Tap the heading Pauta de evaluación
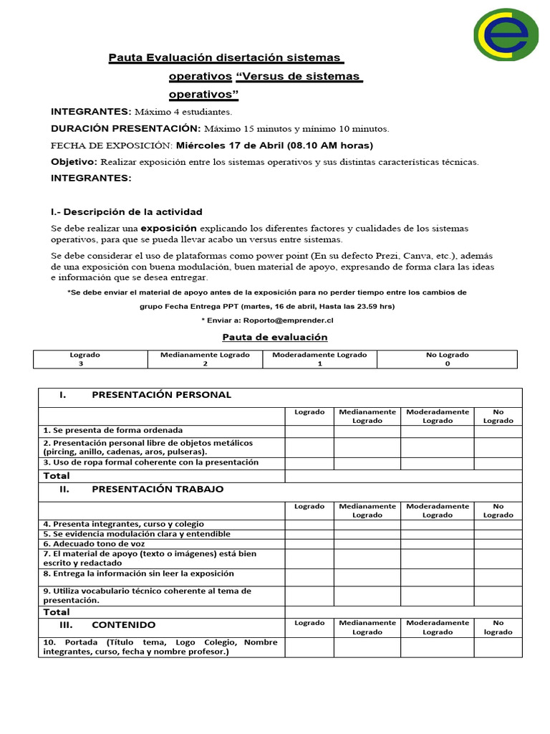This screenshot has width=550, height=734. (x=275, y=337)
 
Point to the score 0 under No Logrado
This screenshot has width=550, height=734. (x=447, y=363)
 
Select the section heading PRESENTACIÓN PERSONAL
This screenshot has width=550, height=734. (x=161, y=395)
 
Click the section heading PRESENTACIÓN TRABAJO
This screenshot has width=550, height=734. (x=158, y=489)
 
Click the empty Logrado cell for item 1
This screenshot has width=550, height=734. (x=309, y=431)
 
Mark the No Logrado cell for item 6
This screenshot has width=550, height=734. (x=498, y=544)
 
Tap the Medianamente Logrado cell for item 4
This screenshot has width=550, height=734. (x=367, y=524)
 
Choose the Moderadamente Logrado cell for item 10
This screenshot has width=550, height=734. (x=437, y=647)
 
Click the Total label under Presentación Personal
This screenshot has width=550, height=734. (x=57, y=476)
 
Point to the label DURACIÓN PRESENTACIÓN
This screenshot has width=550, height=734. (x=125, y=129)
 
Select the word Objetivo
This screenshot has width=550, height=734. (x=74, y=162)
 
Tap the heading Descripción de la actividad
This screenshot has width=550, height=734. (x=132, y=212)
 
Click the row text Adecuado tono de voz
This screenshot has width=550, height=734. (x=94, y=544)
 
